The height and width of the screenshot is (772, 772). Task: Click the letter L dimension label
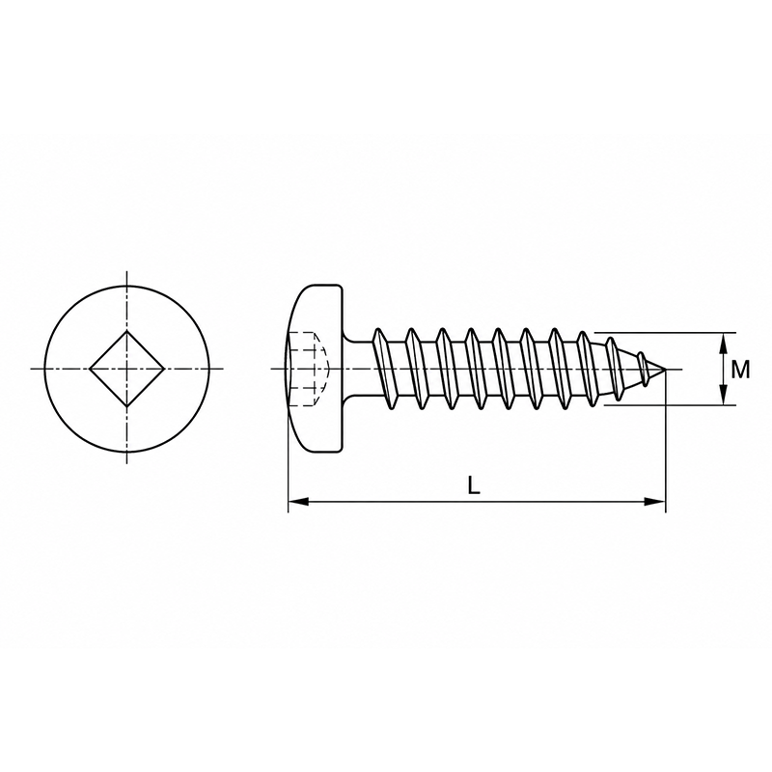(x=473, y=486)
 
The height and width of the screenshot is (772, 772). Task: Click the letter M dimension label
(x=739, y=370)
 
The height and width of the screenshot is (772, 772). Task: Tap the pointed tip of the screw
(x=665, y=369)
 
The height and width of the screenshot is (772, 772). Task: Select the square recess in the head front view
(x=127, y=369)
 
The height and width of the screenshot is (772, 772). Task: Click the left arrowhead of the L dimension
(x=298, y=502)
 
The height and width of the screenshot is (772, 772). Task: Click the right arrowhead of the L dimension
(x=655, y=502)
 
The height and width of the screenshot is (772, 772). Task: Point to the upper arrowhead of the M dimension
(x=722, y=344)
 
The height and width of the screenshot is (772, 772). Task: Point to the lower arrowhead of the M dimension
(x=722, y=395)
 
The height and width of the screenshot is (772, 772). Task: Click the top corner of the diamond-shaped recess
(x=127, y=331)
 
